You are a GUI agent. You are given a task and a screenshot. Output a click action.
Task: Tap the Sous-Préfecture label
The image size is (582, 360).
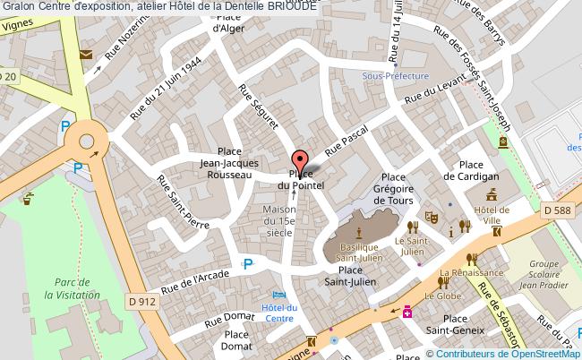click(396, 77)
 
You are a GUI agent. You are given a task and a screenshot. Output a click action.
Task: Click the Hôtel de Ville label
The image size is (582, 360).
click(492, 215)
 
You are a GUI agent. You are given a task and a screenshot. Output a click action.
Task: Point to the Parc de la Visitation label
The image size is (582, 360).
click(52, 288)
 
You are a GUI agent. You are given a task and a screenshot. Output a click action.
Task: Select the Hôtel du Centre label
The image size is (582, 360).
click(279, 312)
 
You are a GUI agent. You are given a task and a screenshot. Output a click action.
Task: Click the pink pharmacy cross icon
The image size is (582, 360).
click(407, 312)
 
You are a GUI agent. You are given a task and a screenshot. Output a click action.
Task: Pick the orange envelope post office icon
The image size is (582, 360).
click(85, 55)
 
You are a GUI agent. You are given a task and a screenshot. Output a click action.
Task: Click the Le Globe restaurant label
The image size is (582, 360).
click(441, 295)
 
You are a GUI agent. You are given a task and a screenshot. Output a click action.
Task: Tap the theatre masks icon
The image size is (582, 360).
click(430, 216)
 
